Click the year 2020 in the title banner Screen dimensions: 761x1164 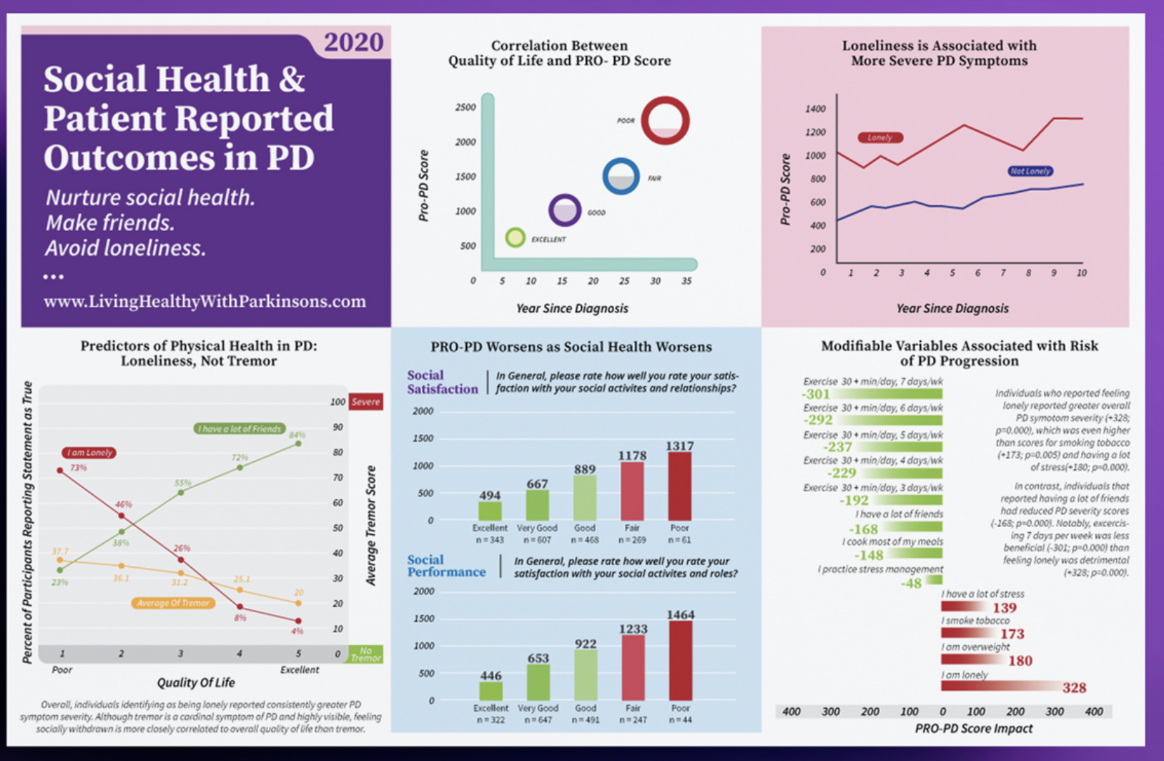pyautogui.click(x=353, y=42)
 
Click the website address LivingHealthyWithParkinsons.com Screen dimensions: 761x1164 pyautogui.click(x=204, y=301)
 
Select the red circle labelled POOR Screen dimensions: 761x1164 pyautogui.click(x=665, y=121)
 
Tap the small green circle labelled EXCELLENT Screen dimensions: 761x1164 pyautogui.click(x=515, y=237)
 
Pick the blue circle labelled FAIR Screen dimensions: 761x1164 pyautogui.click(x=621, y=176)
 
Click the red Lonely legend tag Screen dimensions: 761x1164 pyautogui.click(x=879, y=137)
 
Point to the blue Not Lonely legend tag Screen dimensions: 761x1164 pyautogui.click(x=1030, y=171)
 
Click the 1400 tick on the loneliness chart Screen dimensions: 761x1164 pyautogui.click(x=815, y=109)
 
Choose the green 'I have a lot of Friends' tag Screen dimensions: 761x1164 pyautogui.click(x=240, y=428)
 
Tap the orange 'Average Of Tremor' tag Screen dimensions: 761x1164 pyautogui.click(x=173, y=603)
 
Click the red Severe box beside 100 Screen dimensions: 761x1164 pyautogui.click(x=365, y=402)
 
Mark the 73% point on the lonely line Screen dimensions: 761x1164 pyautogui.click(x=60, y=470)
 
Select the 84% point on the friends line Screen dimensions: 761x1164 pyautogui.click(x=298, y=443)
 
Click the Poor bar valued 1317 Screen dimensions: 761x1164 pyautogui.click(x=679, y=486)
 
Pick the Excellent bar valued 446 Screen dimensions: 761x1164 pyautogui.click(x=490, y=690)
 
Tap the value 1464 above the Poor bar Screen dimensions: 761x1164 pyautogui.click(x=680, y=614)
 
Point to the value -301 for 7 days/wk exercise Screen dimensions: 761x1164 pyautogui.click(x=816, y=394)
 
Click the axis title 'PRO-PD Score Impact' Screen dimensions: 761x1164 pyautogui.click(x=973, y=728)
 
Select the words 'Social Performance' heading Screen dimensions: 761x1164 pyautogui.click(x=446, y=566)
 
